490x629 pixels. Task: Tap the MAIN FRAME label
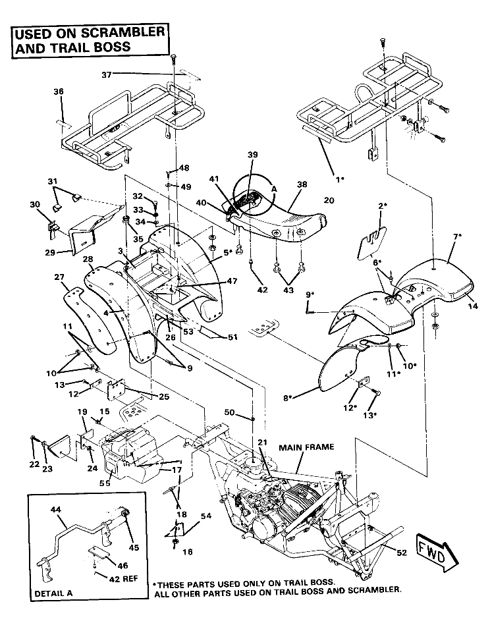coord(306,447)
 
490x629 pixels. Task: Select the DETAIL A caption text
coord(53,593)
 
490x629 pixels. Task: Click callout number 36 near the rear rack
coord(59,92)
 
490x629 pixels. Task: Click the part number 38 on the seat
coord(302,186)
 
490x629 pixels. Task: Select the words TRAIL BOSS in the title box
coord(96,47)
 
